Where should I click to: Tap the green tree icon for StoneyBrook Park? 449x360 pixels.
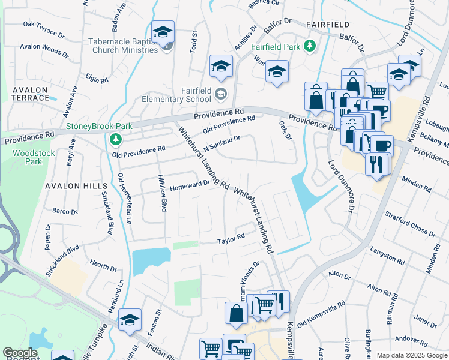pos(116,140)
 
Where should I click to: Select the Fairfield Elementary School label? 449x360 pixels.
pos(196,95)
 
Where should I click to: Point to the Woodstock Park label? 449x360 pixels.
pos(28,157)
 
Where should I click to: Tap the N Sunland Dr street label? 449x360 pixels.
pos(222,142)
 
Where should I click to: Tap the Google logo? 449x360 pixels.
pos(20,353)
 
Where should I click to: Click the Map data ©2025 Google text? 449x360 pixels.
pos(411,355)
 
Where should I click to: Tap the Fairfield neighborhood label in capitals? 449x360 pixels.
pos(327,24)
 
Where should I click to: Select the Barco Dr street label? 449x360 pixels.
pos(65,211)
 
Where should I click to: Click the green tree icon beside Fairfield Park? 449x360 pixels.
pos(310,46)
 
